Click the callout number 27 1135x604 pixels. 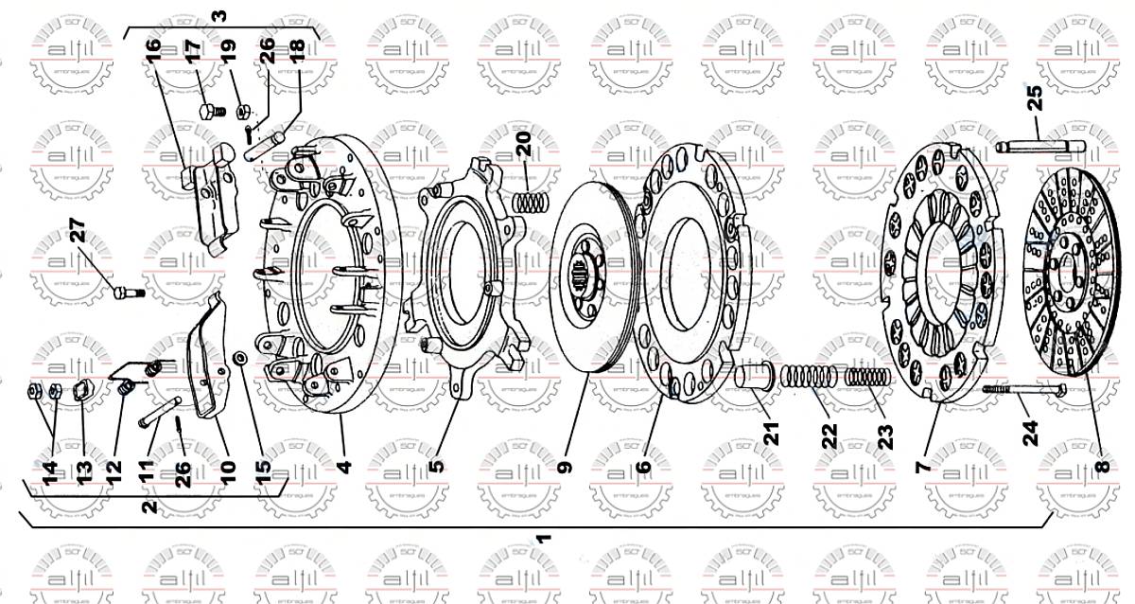tap(78, 233)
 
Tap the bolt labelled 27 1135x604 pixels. tap(125, 293)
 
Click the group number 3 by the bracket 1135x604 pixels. tap(219, 16)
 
